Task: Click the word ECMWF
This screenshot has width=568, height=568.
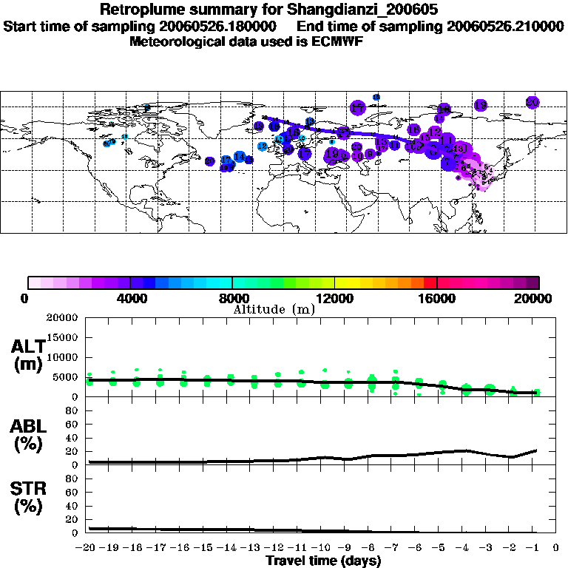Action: coord(337,41)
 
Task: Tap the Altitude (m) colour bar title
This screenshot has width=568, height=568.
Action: coord(274,309)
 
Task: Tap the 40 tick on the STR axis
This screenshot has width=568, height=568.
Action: coord(72,506)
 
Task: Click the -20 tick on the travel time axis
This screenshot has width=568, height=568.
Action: coord(88,547)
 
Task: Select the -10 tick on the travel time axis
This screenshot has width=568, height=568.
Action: coord(324,547)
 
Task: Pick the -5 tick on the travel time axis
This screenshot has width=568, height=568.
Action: coord(442,547)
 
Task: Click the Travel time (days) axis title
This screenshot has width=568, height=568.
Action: coord(323,561)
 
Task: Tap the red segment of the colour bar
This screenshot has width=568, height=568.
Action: coord(431,282)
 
